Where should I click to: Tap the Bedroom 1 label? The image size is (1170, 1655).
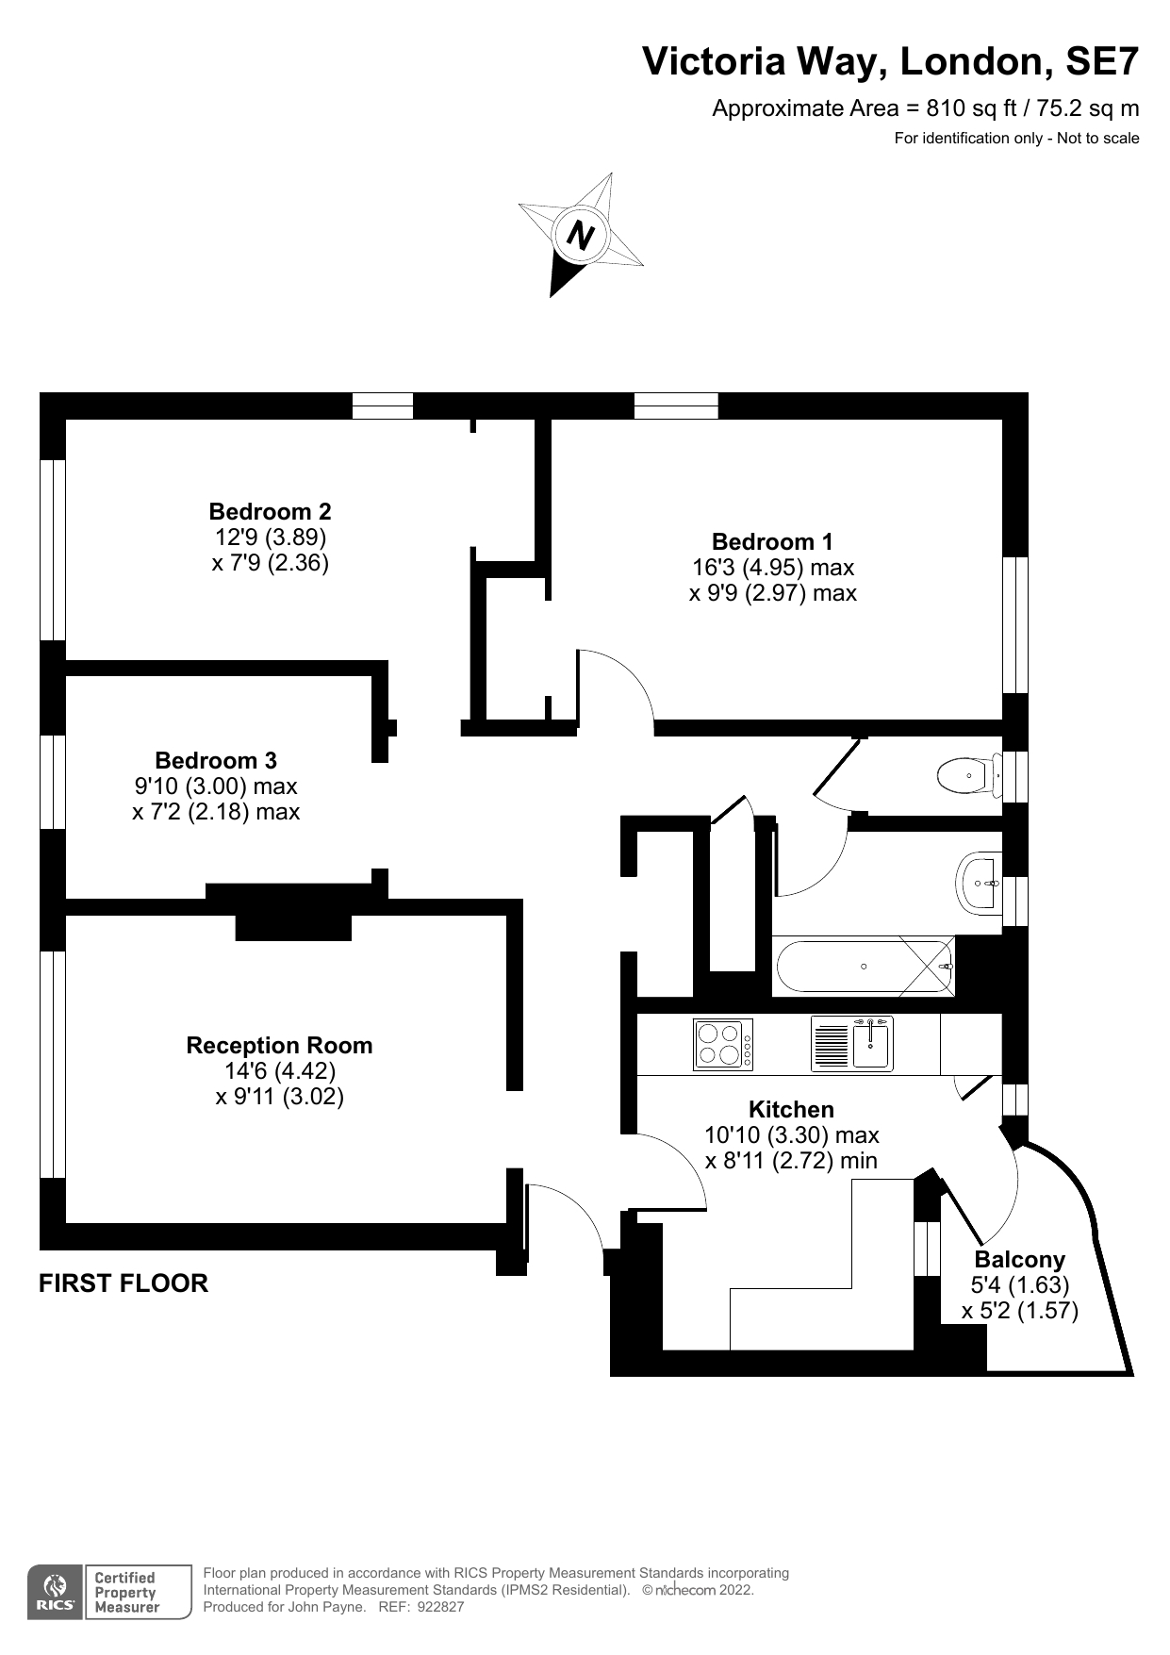pyautogui.click(x=772, y=541)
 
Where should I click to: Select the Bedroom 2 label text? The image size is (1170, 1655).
pyautogui.click(x=270, y=511)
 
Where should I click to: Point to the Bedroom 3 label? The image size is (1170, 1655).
pyautogui.click(x=216, y=760)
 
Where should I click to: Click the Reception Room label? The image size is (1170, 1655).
pyautogui.click(x=279, y=1045)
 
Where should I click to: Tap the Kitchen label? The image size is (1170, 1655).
pyautogui.click(x=791, y=1109)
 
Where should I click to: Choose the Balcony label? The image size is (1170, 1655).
pyautogui.click(x=1019, y=1259)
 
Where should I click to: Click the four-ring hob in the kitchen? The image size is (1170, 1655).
pyautogui.click(x=722, y=1044)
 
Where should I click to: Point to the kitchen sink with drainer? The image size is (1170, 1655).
pyautogui.click(x=851, y=1044)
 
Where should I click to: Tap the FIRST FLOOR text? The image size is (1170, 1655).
pyautogui.click(x=124, y=1283)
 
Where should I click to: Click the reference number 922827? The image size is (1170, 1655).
pyautogui.click(x=440, y=1607)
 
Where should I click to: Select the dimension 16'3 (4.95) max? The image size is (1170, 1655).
pyautogui.click(x=772, y=568)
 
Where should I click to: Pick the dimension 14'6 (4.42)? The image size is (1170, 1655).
pyautogui.click(x=279, y=1071)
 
